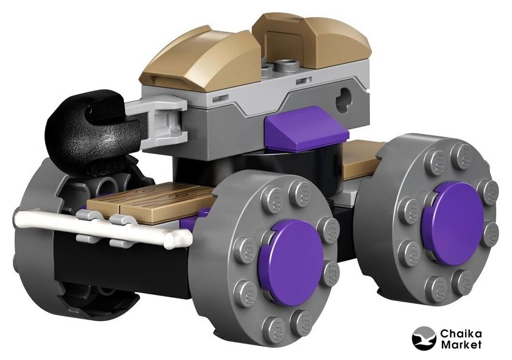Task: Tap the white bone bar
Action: tap(101, 225)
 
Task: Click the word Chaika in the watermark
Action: tap(461, 334)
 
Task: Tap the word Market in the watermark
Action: tap(461, 345)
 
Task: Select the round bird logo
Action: tap(424, 339)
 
